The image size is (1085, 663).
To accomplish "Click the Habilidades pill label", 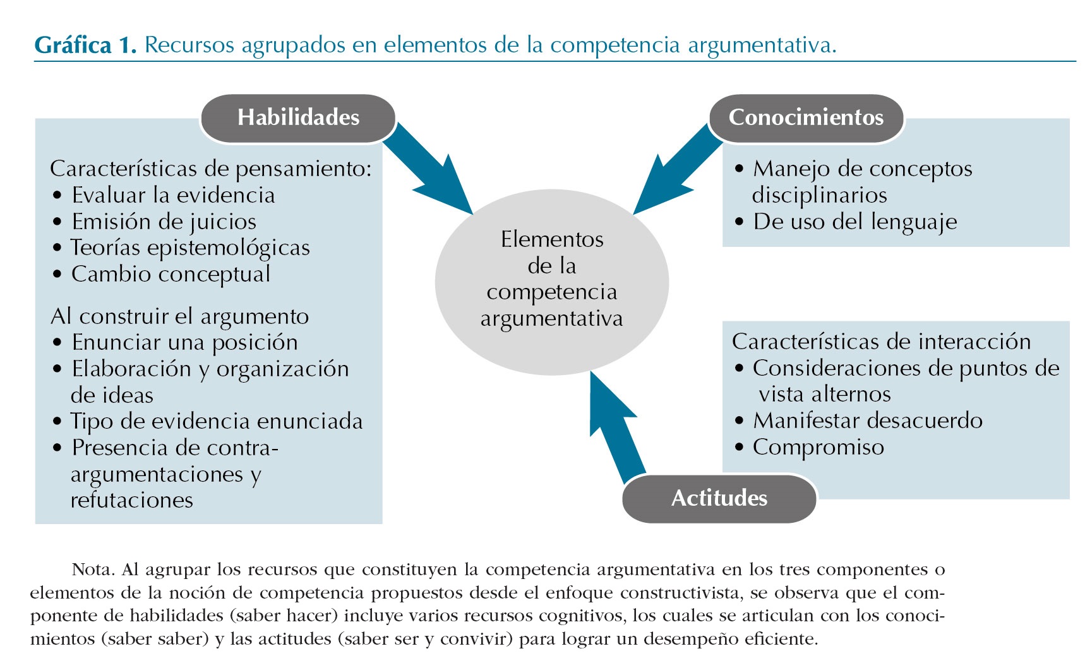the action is (298, 118).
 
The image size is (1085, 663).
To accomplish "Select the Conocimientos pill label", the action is (806, 118).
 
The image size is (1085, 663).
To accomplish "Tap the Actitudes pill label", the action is (719, 498).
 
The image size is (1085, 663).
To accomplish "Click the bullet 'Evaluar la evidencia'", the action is (172, 195).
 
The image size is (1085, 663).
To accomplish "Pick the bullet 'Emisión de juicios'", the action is (164, 222).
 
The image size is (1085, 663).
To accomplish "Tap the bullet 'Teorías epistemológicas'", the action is (189, 248).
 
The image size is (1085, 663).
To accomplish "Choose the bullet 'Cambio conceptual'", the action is (171, 274).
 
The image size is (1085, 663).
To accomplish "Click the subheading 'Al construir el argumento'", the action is (179, 316).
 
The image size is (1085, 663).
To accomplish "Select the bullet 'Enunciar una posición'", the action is (184, 342).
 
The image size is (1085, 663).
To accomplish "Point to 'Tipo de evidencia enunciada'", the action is (216, 421).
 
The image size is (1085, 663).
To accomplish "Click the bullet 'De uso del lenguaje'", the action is (854, 222).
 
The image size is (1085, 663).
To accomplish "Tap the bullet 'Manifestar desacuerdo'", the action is (867, 421).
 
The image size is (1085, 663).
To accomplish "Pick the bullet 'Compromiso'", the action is (818, 447).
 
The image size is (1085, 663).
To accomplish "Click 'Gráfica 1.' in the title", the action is (85, 45).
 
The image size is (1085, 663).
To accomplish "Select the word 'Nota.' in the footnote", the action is (93, 570).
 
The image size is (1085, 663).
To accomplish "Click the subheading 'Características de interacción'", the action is (881, 342).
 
